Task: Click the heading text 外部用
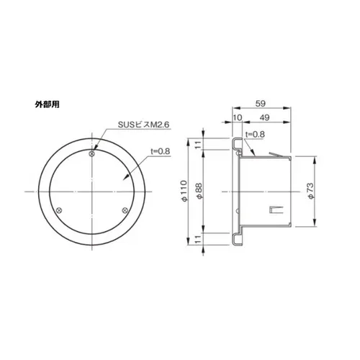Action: coord(47,104)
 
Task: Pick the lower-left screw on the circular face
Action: coord(60,210)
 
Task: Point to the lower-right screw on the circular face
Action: coord(126,210)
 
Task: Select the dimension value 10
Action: coord(238,118)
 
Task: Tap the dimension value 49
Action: coord(264,118)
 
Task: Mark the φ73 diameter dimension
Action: coord(309,191)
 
